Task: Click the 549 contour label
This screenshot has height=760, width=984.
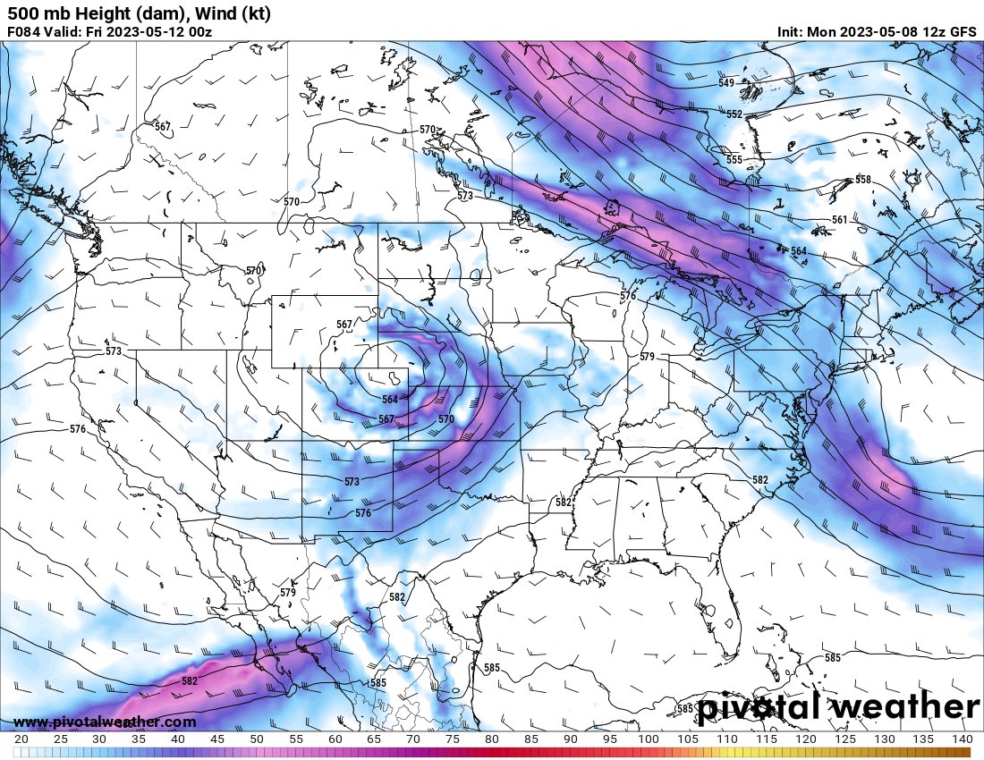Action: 726,83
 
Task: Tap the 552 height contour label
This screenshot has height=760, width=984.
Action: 734,114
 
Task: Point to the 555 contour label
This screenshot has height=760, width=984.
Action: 734,159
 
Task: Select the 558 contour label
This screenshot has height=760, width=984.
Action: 862,180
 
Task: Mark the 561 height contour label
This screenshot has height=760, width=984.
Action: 839,219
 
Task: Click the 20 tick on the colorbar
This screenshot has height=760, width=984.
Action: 21,739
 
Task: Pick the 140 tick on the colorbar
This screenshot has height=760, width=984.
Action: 963,739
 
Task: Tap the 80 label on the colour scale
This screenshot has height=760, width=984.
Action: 492,739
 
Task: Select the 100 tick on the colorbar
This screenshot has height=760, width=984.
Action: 649,739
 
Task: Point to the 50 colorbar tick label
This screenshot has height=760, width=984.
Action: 257,739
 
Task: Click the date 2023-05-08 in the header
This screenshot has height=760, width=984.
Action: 873,32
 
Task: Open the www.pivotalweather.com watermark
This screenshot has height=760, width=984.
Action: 105,722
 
